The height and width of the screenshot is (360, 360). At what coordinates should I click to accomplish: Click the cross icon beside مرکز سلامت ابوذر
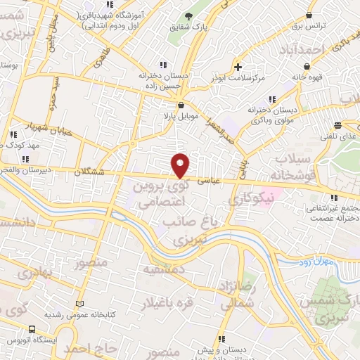point(238,67)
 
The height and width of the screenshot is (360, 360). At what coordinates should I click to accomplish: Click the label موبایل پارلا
point(178,115)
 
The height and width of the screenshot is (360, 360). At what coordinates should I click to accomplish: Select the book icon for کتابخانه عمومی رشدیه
point(79,304)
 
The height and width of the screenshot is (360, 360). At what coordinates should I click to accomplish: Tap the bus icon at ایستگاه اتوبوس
point(32,328)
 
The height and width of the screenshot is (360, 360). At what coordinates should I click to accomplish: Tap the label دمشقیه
point(165,269)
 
